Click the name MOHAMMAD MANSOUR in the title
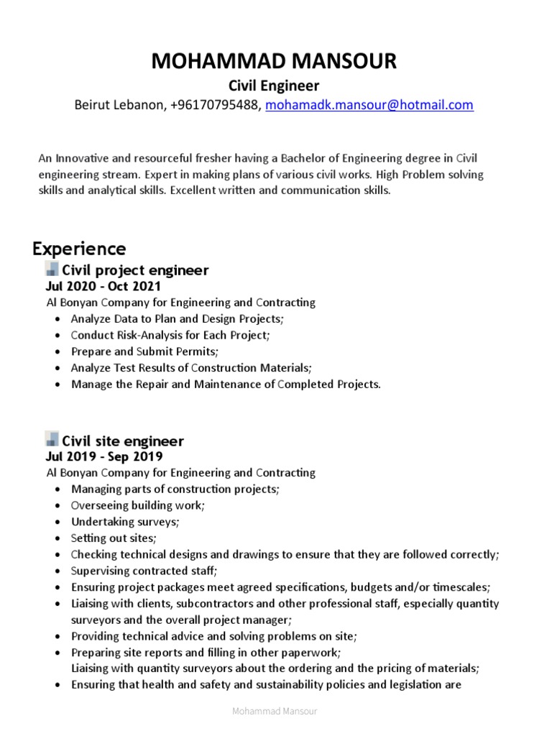coord(274,62)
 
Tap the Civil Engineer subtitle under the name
coord(274,86)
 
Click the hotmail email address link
coord(369,105)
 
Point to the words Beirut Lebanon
coord(120,105)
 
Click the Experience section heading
coord(79,249)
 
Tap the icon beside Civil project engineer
coord(52,270)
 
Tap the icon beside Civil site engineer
coord(52,440)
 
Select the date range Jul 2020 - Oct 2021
coord(103,286)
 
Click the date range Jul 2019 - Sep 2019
coord(104,456)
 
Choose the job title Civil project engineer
coord(135,270)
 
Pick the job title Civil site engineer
coord(123,441)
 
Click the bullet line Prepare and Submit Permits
coord(144,351)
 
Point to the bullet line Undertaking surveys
coord(125,522)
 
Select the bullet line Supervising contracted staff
coord(144,571)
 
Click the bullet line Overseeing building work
coord(137,505)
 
